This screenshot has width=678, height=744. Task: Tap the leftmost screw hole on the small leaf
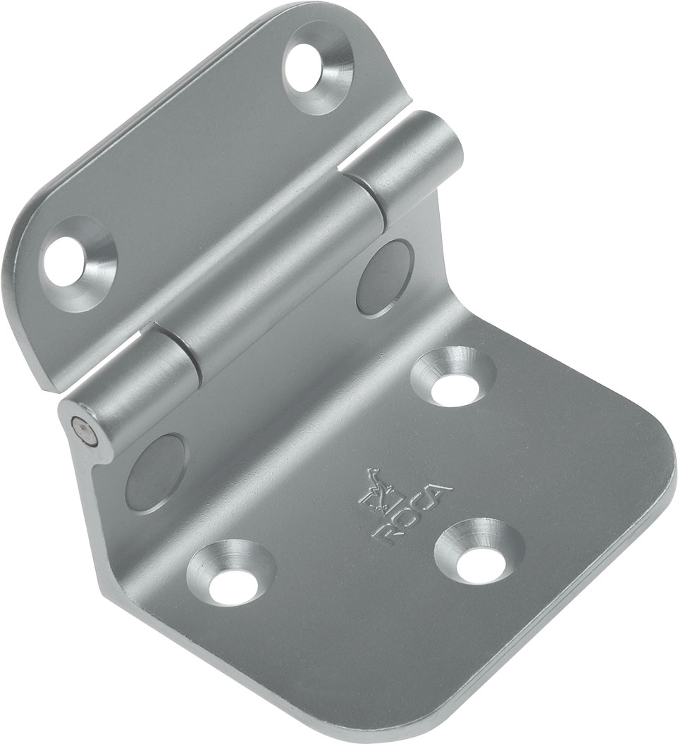tap(76, 258)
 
